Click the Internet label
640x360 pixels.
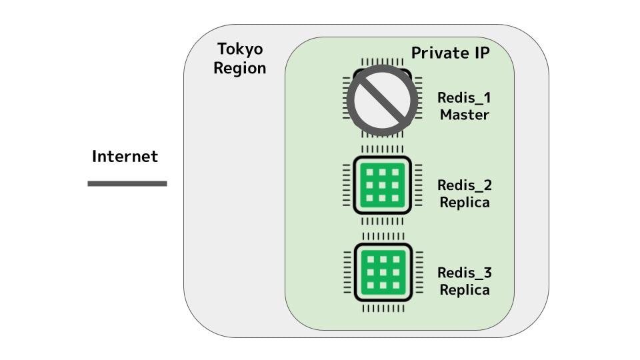[x=125, y=157]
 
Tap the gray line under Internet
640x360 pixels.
[x=127, y=183]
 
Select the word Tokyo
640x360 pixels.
[x=240, y=49]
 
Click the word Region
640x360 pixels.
[x=240, y=68]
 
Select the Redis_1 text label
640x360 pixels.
[x=464, y=98]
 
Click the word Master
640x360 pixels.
[x=464, y=115]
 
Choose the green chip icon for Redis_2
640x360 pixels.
[x=383, y=185]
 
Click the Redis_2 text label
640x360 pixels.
[x=464, y=185]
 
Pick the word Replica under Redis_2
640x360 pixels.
[x=464, y=202]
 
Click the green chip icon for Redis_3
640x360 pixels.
[x=383, y=272]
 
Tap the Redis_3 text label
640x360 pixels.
[x=464, y=273]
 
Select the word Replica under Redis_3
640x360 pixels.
[x=464, y=290]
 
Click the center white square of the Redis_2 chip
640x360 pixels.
[x=383, y=185]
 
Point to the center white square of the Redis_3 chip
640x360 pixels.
[x=383, y=272]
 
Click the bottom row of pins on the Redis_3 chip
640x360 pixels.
[x=383, y=308]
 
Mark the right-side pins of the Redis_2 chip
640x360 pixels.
[x=418, y=185]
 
